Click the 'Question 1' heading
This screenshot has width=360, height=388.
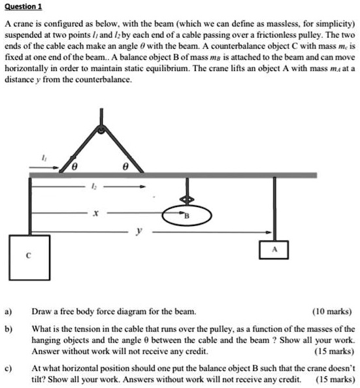(x=23, y=6)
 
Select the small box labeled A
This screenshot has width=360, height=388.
(x=274, y=248)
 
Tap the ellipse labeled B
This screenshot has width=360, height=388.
(x=188, y=216)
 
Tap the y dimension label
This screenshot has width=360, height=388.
(x=138, y=231)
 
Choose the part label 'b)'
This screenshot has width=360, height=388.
(x=10, y=329)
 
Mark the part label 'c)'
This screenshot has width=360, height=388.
(x=10, y=368)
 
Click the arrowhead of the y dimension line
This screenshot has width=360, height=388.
(x=269, y=231)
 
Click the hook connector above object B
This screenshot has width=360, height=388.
(x=188, y=199)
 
